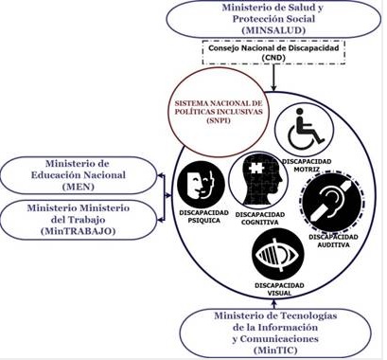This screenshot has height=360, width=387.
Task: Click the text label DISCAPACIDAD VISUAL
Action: click(277, 288)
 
